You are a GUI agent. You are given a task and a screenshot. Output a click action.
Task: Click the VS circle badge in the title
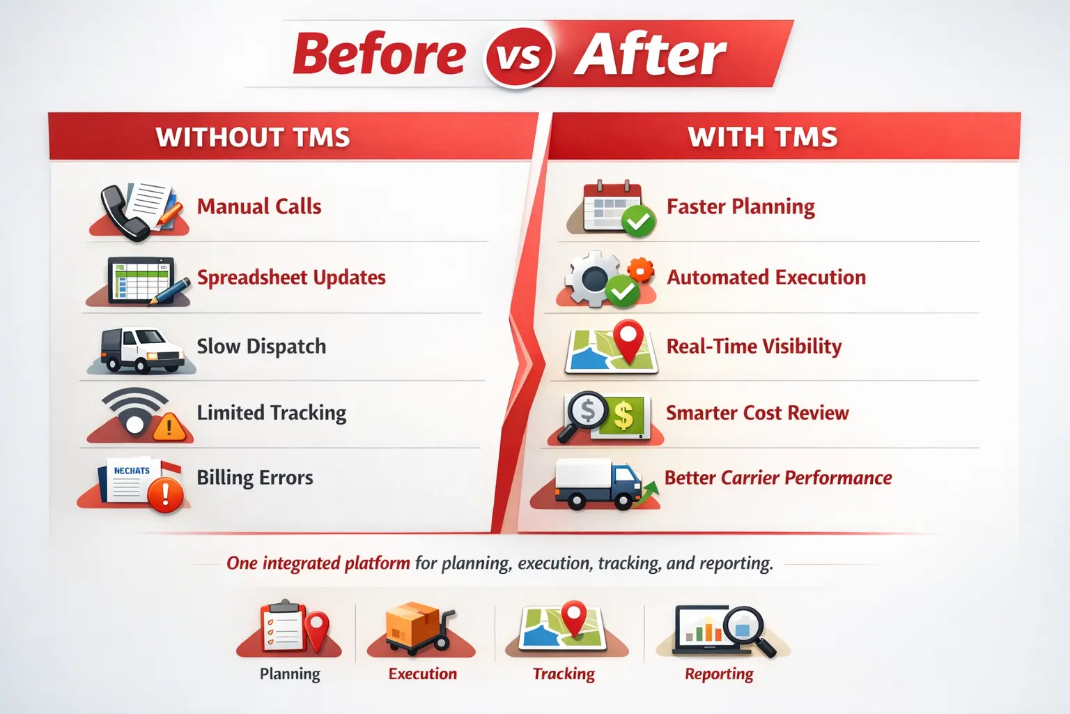520,56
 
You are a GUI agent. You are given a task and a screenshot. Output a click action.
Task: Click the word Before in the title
380,54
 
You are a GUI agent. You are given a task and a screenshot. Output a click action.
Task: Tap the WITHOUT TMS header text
253,137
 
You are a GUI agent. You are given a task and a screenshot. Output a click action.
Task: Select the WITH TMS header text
763,137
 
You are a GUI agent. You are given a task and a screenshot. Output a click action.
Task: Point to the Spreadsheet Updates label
291,278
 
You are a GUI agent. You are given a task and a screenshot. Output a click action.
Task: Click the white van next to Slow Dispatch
141,349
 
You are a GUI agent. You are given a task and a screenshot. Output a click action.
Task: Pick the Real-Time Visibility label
754,347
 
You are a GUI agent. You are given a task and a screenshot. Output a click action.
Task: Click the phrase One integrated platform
318,563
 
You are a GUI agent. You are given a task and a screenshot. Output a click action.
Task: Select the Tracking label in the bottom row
564,674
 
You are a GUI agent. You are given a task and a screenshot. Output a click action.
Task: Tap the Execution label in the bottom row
423,674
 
